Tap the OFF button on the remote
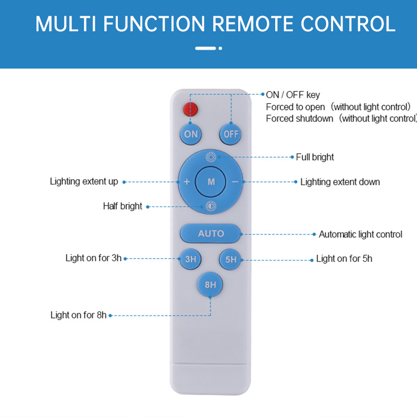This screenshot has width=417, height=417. [230, 134]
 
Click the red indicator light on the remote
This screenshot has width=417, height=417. [190, 109]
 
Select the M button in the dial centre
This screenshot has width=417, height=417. [211, 181]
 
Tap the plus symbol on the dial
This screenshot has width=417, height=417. [187, 181]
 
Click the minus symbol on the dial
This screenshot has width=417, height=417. [235, 182]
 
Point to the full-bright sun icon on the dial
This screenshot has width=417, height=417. [211, 157]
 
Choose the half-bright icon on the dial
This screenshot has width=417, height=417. [211, 206]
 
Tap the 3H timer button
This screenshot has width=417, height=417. [190, 259]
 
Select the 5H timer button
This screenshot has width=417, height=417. [230, 259]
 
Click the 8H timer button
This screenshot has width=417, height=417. [210, 285]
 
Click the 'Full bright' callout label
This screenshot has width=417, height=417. [315, 157]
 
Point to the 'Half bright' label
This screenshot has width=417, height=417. [122, 206]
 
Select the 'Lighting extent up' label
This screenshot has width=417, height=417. [84, 181]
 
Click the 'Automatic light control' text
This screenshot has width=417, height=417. [360, 234]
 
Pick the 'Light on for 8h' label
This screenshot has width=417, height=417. [79, 315]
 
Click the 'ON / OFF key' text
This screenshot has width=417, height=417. [293, 95]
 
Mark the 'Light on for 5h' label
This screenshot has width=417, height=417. [344, 259]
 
